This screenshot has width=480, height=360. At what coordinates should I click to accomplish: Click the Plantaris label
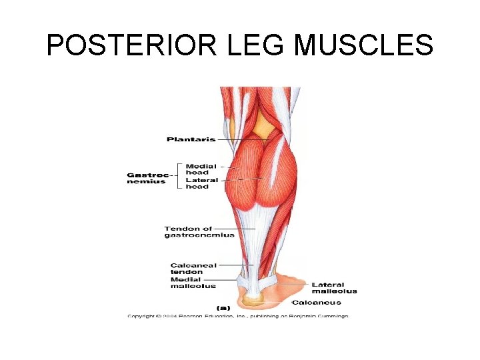191,139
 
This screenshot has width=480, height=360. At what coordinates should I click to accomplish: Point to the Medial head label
201,169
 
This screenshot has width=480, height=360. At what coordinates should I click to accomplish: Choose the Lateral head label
201,183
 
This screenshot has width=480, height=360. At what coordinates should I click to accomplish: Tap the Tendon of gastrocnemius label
199,232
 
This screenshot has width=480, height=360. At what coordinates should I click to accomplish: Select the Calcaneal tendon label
193,269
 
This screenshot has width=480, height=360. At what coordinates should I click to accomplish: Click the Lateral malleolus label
334,288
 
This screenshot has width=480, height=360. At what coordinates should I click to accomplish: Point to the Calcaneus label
316,303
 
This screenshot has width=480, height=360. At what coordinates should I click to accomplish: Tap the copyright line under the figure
237,316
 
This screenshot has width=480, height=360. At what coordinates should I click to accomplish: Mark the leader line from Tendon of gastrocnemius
245,229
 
